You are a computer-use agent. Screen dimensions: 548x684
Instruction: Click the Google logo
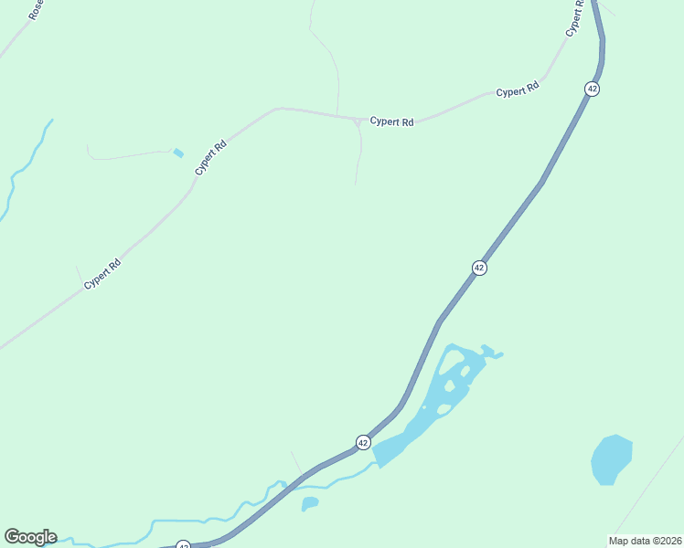[x=30, y=537]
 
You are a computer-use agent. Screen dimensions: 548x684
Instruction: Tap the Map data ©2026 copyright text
[x=645, y=541]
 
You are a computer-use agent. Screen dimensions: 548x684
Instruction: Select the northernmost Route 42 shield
[x=593, y=89]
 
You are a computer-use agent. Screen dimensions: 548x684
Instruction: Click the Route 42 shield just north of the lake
[x=479, y=268]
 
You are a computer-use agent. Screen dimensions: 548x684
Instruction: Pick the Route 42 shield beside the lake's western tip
[x=363, y=442]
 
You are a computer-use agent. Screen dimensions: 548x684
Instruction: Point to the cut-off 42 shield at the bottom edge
[x=184, y=545]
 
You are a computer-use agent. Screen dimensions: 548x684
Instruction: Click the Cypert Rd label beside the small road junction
[x=391, y=121]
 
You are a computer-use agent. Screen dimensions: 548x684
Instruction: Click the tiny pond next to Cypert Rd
[x=178, y=153]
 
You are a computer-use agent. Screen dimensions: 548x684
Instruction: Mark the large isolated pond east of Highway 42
[x=611, y=458]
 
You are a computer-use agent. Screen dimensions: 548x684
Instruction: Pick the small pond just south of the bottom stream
[x=310, y=502]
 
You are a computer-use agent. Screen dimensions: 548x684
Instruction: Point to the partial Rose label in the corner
[x=35, y=10]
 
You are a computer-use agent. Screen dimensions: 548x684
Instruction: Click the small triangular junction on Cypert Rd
[x=356, y=121]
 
